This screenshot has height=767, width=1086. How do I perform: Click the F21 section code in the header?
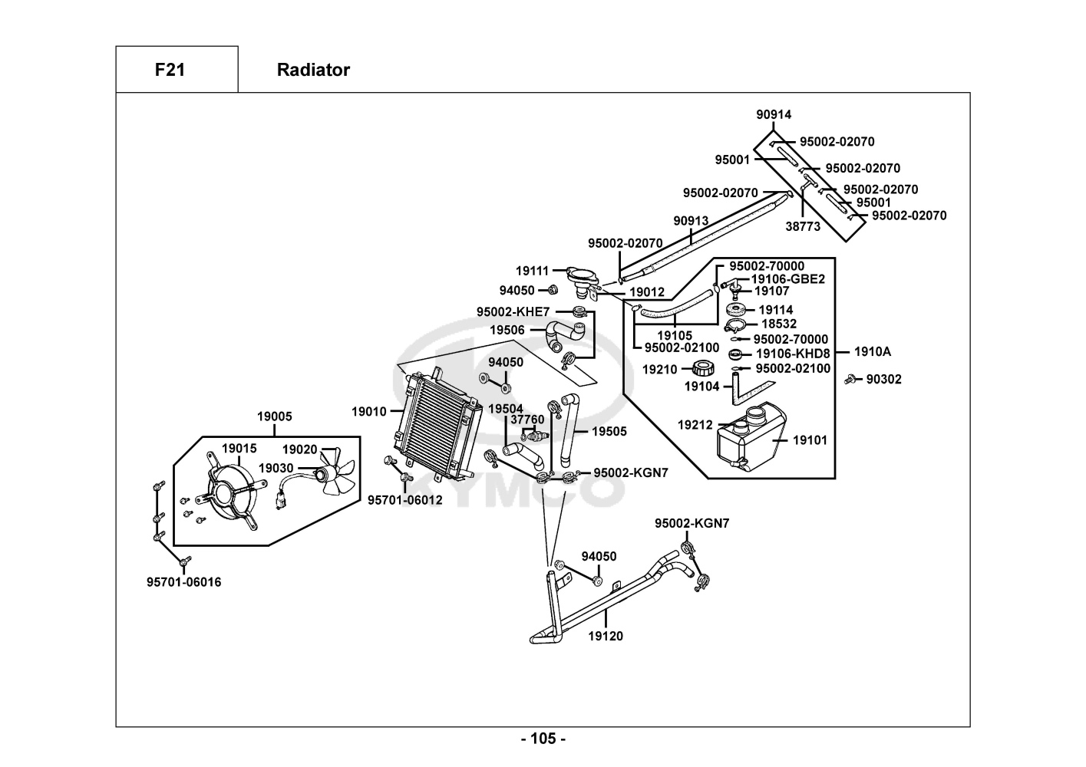(170, 70)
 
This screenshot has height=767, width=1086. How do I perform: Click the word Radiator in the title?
(313, 70)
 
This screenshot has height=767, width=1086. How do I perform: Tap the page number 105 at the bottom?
(543, 739)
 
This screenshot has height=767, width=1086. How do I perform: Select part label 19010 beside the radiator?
(369, 412)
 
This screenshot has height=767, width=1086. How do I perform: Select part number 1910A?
(873, 352)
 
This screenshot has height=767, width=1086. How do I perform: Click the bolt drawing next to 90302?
(850, 379)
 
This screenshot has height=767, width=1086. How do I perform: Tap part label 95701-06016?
(183, 582)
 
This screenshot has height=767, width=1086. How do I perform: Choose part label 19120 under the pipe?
(606, 636)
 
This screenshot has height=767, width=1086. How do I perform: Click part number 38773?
(803, 226)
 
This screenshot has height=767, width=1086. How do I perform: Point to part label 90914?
(774, 114)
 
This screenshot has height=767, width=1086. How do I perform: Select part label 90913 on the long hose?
(691, 221)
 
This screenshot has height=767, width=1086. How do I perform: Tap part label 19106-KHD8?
(793, 354)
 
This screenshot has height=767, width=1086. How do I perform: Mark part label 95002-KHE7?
(513, 311)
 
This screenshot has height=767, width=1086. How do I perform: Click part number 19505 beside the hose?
(609, 431)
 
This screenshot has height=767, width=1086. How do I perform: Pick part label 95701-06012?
(404, 500)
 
